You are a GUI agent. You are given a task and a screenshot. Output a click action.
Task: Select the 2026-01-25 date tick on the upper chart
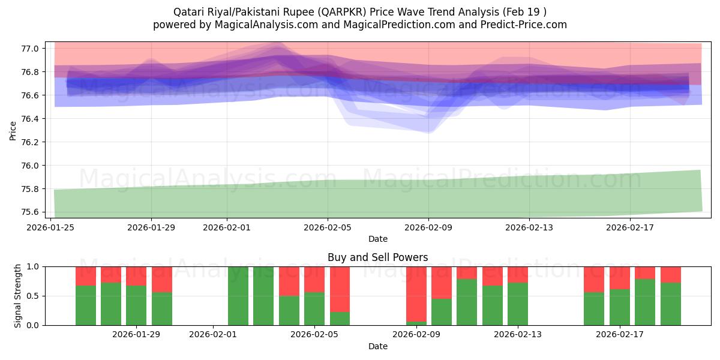[50, 227]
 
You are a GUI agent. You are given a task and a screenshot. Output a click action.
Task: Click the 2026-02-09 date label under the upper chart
[428, 227]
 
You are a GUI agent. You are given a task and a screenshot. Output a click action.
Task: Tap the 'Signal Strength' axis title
[18, 296]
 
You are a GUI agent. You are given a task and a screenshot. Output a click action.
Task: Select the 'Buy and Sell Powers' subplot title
[377, 257]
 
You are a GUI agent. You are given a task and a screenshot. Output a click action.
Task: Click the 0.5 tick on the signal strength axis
[33, 296]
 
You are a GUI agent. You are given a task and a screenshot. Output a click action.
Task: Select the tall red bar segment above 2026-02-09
[416, 293]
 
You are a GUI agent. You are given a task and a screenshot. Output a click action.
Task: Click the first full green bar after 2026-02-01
[238, 296]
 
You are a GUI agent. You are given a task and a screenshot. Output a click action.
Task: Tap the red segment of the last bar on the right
[670, 274]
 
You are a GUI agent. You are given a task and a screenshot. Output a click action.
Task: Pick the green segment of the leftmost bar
[86, 305]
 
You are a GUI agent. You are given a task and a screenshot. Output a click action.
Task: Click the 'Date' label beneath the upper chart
[377, 239]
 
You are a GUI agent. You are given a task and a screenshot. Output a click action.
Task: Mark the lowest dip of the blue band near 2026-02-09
[427, 131]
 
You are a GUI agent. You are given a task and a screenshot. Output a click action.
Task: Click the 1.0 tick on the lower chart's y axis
[33, 266]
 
